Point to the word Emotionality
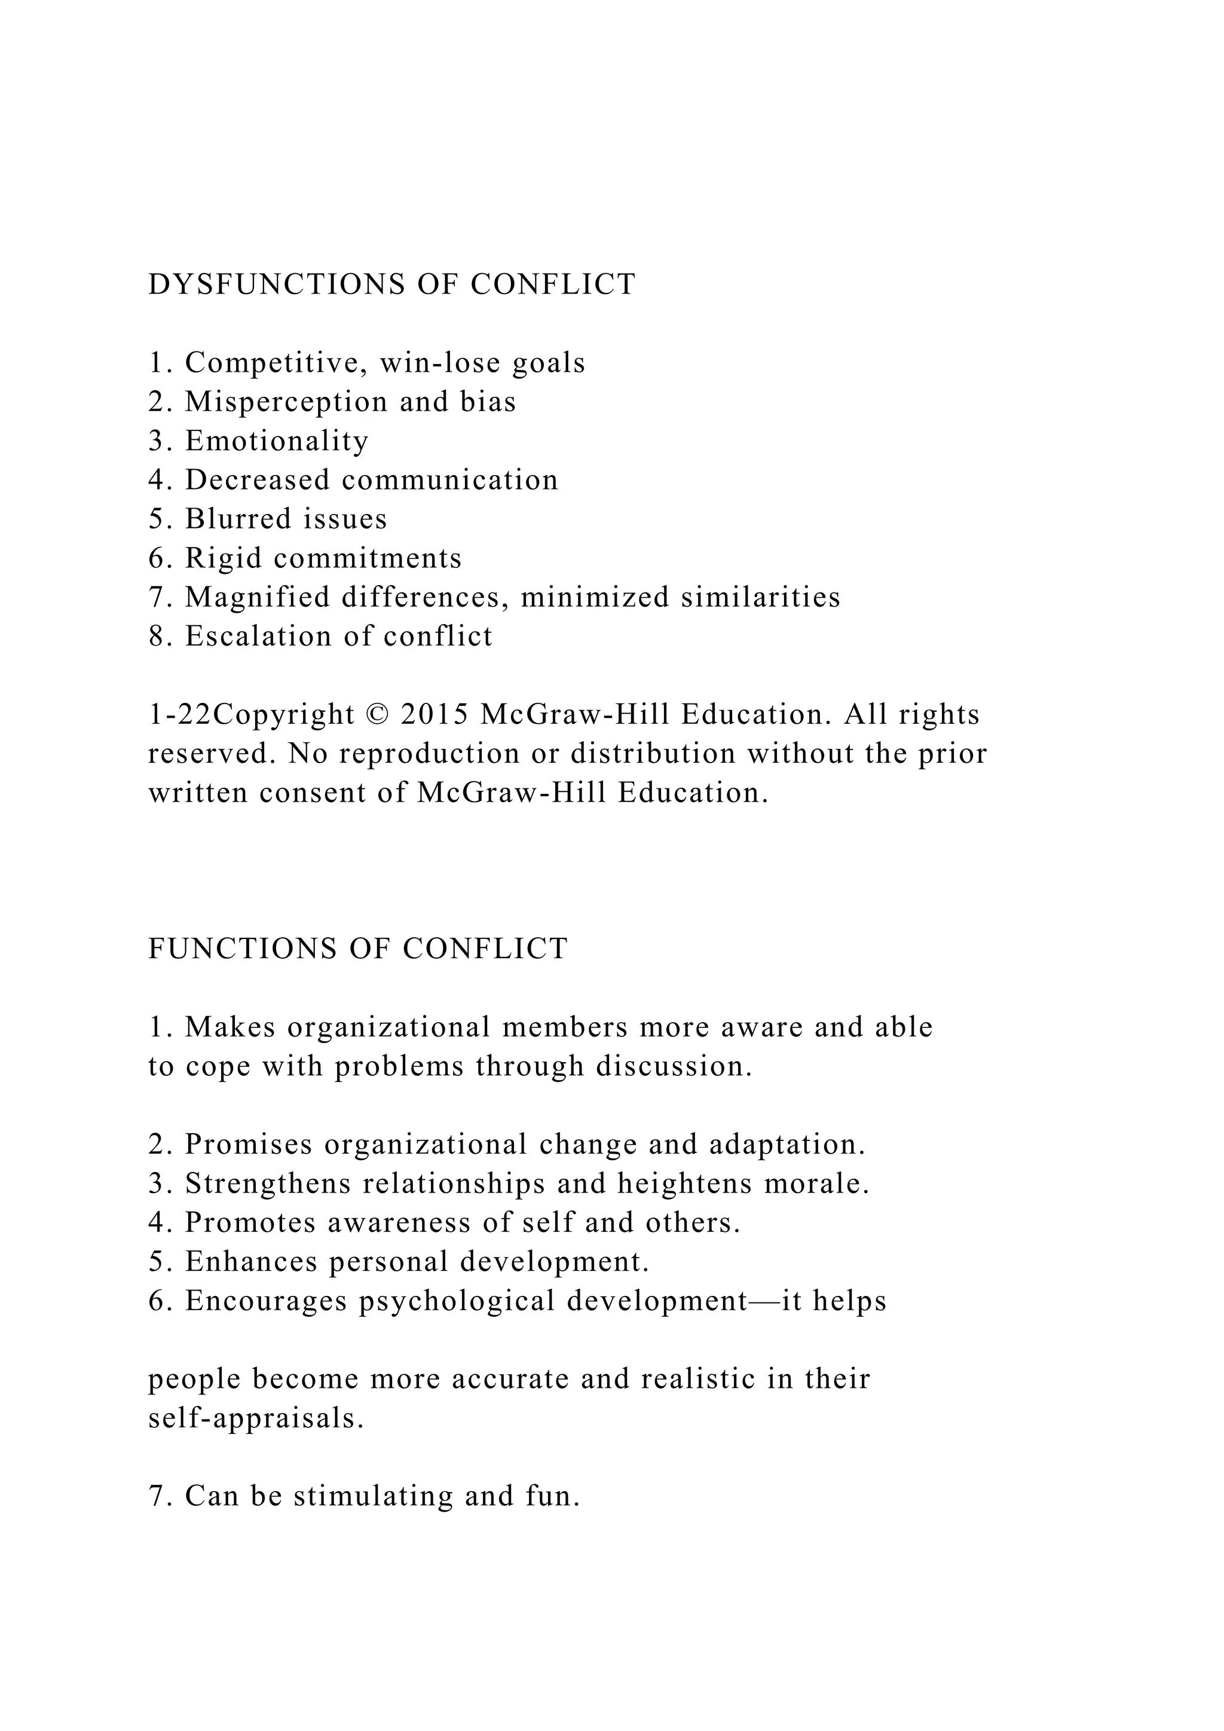[x=277, y=441]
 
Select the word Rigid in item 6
[x=223, y=559]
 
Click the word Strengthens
[x=268, y=1183]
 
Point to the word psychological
[x=456, y=1301]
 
